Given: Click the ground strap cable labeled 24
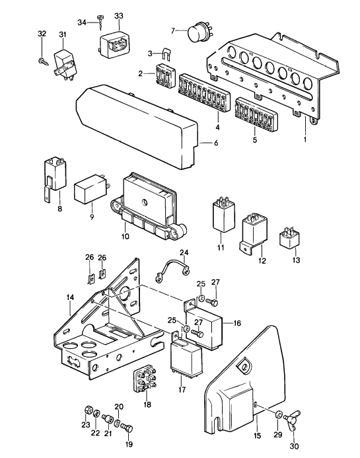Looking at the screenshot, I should pyautogui.click(x=171, y=268).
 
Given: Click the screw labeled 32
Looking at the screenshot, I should pyautogui.click(x=42, y=61).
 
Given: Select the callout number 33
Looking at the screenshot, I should pyautogui.click(x=119, y=15).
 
